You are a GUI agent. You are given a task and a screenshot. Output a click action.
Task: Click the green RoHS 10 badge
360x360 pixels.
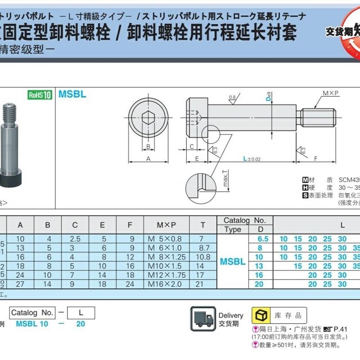40,94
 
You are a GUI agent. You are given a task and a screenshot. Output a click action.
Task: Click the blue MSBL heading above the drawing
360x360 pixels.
72,94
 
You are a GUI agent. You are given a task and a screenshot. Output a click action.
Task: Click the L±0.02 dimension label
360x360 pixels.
252,159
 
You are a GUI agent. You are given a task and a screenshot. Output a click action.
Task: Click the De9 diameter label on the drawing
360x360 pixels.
267,97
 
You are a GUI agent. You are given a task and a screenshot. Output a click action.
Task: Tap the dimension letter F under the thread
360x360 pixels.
315,158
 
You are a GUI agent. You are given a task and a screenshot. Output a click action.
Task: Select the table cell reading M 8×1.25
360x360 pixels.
166,257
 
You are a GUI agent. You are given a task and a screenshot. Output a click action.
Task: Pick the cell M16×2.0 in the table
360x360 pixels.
166,284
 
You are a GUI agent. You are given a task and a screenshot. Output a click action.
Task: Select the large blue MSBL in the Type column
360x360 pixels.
233,261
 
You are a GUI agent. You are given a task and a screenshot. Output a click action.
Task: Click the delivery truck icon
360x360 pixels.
202,318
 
